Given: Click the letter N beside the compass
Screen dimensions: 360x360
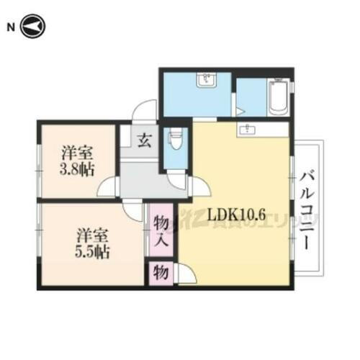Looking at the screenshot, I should (11, 28).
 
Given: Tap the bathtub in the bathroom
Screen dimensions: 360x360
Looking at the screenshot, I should (278, 99).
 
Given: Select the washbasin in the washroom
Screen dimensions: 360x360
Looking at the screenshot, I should (210, 80).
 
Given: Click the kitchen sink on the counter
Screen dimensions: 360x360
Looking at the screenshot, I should (249, 130).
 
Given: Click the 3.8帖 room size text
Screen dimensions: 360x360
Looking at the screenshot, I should (76, 171).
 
